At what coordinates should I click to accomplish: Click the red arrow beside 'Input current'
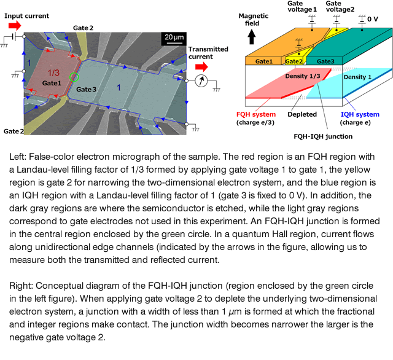pos(15,25)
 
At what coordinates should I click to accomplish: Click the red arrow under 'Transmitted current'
pos(201,67)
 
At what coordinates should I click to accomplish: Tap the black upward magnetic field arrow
pos(252,37)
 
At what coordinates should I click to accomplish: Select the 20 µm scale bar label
pos(174,37)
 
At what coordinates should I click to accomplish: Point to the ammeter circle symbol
pos(201,80)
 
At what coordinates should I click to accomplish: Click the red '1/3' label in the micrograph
pos(53,72)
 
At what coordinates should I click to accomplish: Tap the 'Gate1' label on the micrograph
pos(52,83)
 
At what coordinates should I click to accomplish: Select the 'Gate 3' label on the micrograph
pos(86,89)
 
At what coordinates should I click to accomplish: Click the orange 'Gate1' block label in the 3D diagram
pos(263,61)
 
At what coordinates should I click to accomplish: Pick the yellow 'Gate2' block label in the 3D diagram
pos(294,61)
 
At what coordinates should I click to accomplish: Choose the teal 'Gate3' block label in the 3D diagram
pos(325,61)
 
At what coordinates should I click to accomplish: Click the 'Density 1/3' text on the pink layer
pos(303,76)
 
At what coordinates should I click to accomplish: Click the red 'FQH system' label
pos(256,114)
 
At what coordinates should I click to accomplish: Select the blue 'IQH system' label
pos(360,114)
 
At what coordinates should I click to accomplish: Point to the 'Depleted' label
pos(302,114)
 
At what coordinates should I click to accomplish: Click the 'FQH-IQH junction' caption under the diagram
pos(323,136)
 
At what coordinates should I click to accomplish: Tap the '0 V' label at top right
pos(373,19)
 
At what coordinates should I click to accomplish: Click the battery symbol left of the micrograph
pos(14,37)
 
